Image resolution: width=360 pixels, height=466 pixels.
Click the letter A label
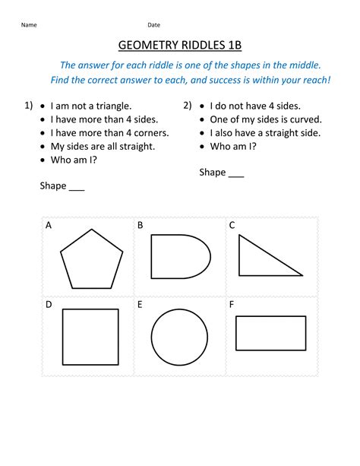pos(49,226)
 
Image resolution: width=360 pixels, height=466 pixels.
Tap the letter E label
pos(141,305)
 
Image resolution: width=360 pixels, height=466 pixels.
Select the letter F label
pos(231,305)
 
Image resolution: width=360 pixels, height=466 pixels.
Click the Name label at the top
pos(29,25)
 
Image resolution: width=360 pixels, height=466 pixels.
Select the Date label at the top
pos(154,25)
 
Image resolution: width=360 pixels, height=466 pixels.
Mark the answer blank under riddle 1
pos(76,186)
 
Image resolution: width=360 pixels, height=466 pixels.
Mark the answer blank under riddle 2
pos(236,173)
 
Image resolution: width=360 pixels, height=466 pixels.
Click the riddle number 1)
pos(28,106)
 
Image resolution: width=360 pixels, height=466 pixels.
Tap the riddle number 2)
pos(188,106)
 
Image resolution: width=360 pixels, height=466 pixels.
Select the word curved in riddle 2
pos(306,119)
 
